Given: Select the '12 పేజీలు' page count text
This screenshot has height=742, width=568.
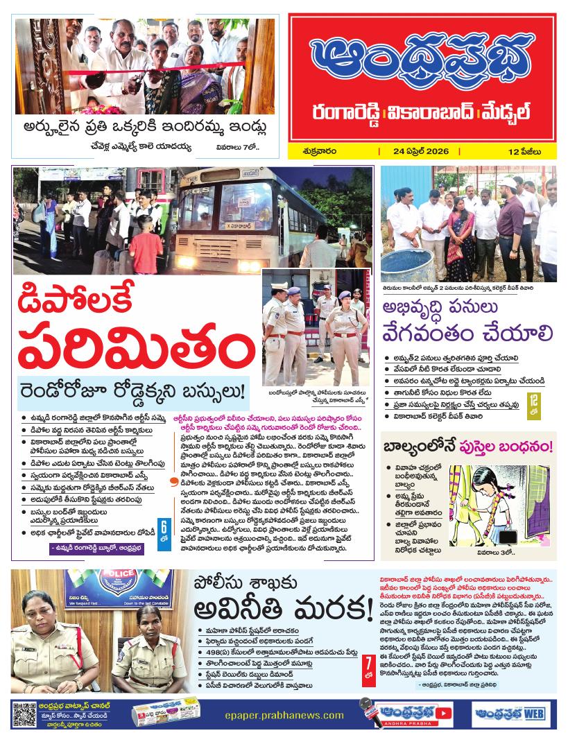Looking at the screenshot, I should click(x=524, y=151).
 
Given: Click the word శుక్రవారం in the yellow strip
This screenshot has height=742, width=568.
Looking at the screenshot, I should click(x=321, y=151).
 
